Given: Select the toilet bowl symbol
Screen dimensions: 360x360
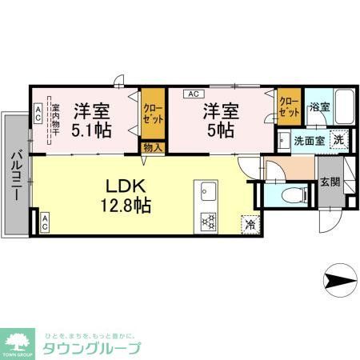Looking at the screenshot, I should coord(293,194).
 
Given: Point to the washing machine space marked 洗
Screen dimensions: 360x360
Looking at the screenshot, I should coord(339,138).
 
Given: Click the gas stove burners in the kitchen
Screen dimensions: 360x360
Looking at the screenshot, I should coord(208,219).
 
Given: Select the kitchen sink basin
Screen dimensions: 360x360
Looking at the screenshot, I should coord(207,193).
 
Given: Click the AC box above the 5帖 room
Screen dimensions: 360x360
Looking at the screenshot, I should coord(192,94).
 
